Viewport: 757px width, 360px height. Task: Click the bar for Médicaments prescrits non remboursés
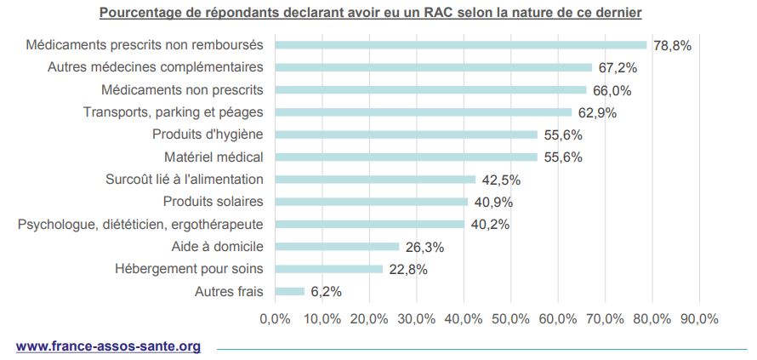pos(460,45)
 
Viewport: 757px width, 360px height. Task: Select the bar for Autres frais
pos(289,292)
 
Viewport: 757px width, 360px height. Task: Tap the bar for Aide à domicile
pos(337,247)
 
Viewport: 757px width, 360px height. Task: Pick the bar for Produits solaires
pos(371,202)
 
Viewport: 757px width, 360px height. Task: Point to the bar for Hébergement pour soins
pos(328,270)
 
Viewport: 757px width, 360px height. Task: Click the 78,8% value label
pos(672,45)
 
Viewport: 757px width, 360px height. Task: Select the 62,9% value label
pos(597,112)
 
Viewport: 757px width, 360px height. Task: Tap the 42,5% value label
pos(501,180)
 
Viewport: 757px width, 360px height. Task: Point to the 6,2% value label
pos(327,292)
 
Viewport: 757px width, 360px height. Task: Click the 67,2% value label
pos(617,67)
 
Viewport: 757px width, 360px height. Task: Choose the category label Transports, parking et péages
pos(173,112)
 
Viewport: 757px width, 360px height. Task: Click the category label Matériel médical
pos(213,157)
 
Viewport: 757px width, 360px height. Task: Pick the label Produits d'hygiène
pos(208,134)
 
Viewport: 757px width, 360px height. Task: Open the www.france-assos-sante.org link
pos(108,346)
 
